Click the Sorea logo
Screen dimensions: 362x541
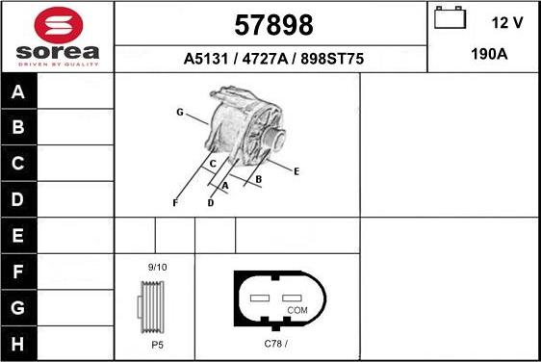tap(58, 36)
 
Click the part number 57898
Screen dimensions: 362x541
tap(273, 23)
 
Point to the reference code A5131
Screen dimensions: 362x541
tap(203, 59)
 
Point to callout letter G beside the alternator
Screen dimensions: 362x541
tap(180, 113)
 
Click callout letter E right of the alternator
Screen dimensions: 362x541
tap(296, 171)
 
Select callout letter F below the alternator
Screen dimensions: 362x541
tap(174, 203)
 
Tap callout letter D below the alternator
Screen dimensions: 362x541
tap(210, 203)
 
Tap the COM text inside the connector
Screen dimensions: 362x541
tap(296, 311)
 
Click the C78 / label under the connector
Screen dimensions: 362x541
tap(276, 344)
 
